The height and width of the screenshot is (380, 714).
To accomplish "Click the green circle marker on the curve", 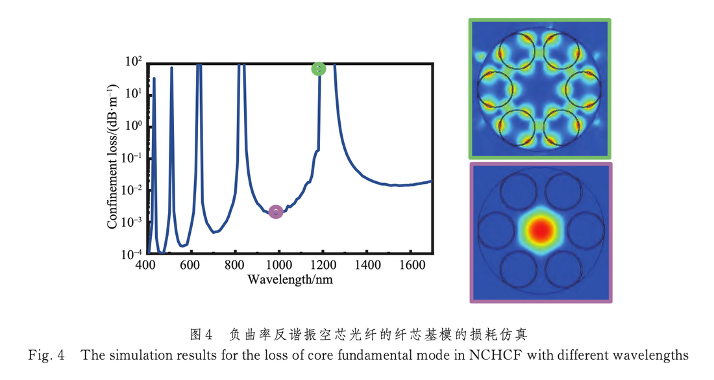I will tap(318, 69).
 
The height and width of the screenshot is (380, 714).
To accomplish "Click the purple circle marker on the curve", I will tap(276, 211).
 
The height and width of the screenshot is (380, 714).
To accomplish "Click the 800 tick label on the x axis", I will tap(234, 266).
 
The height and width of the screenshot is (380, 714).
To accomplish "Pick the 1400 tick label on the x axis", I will tap(368, 266).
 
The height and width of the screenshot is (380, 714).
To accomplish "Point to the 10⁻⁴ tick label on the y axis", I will tap(132, 254).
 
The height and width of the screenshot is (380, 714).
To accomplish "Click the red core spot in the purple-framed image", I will tap(540, 230).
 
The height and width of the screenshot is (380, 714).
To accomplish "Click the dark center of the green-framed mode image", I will tap(540, 88).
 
